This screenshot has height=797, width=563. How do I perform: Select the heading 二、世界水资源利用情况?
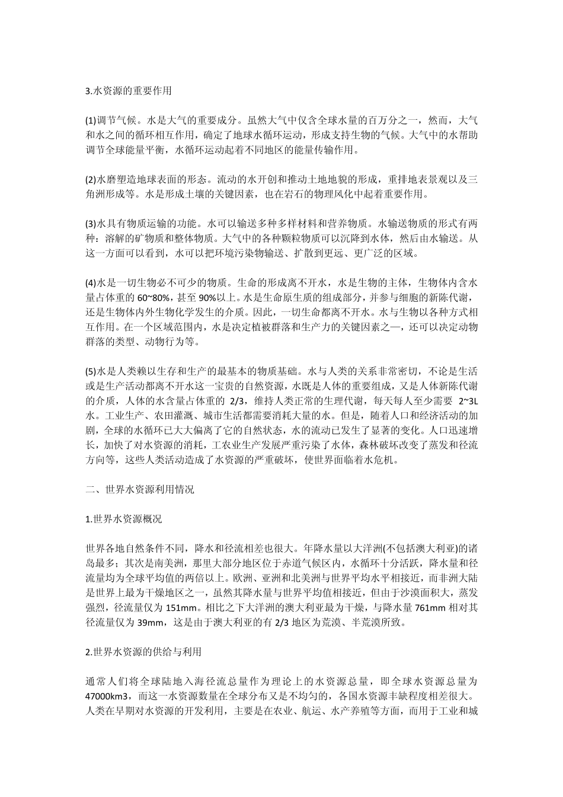point(140,489)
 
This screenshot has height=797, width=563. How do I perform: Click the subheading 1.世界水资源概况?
point(123,518)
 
